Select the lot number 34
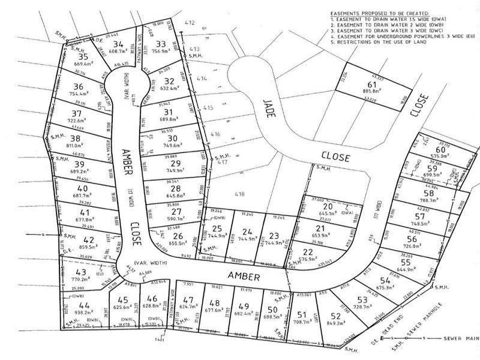click(118, 44)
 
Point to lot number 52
click(335, 316)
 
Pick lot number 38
click(76, 137)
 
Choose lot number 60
click(440, 149)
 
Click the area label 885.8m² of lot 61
click(373, 91)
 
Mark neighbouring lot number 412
click(190, 23)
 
